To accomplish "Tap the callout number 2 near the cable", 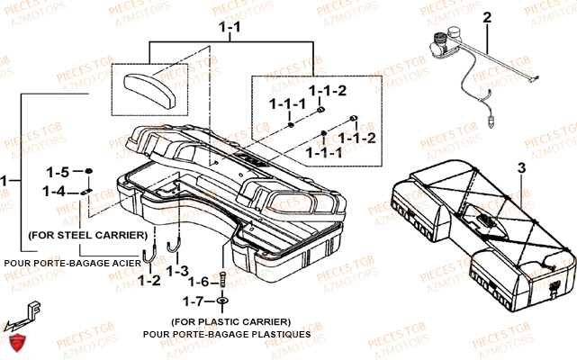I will [x=487, y=17].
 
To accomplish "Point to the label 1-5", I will [x=58, y=172].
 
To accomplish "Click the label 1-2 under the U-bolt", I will [x=149, y=281].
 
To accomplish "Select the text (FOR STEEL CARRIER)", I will [x=87, y=234].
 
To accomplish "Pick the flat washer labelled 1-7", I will [x=221, y=300].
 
